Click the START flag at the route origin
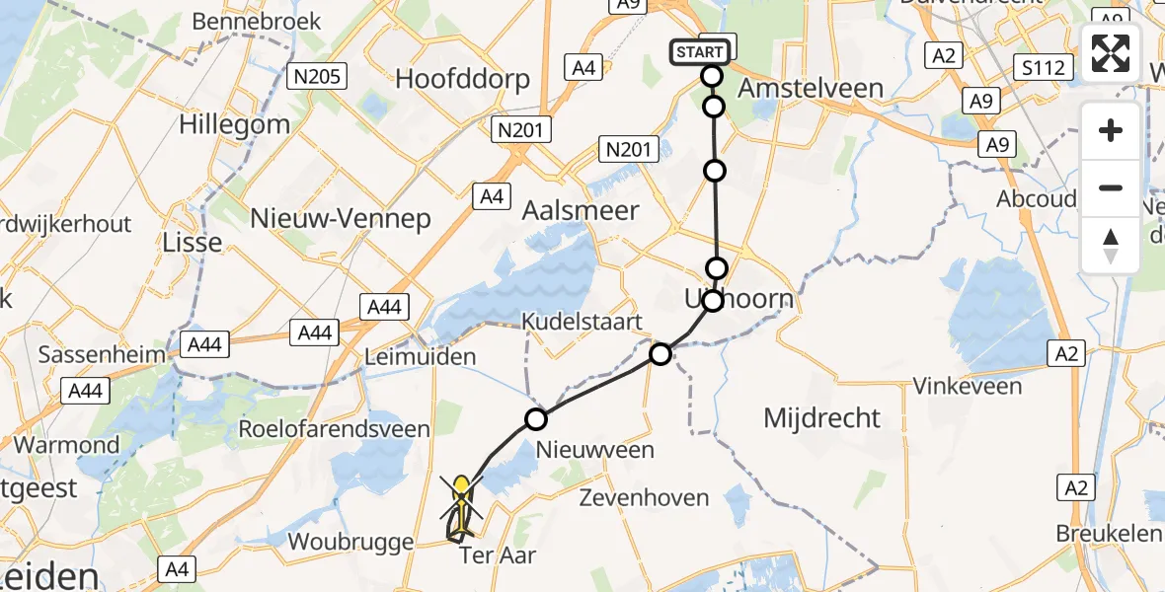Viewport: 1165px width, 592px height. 703,51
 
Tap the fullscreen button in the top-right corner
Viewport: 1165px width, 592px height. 1111,52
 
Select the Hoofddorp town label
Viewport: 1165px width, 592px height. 462,79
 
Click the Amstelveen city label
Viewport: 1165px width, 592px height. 811,87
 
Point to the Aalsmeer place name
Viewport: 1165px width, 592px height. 581,211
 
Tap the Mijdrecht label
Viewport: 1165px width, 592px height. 821,417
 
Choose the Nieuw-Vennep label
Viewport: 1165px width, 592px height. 341,218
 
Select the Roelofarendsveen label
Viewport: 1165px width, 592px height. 335,429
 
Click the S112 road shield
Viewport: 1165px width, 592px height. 1045,67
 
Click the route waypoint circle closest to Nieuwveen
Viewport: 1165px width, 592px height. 535,419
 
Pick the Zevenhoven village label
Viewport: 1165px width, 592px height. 645,497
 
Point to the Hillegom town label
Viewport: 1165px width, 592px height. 235,124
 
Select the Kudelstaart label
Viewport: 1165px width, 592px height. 582,322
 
